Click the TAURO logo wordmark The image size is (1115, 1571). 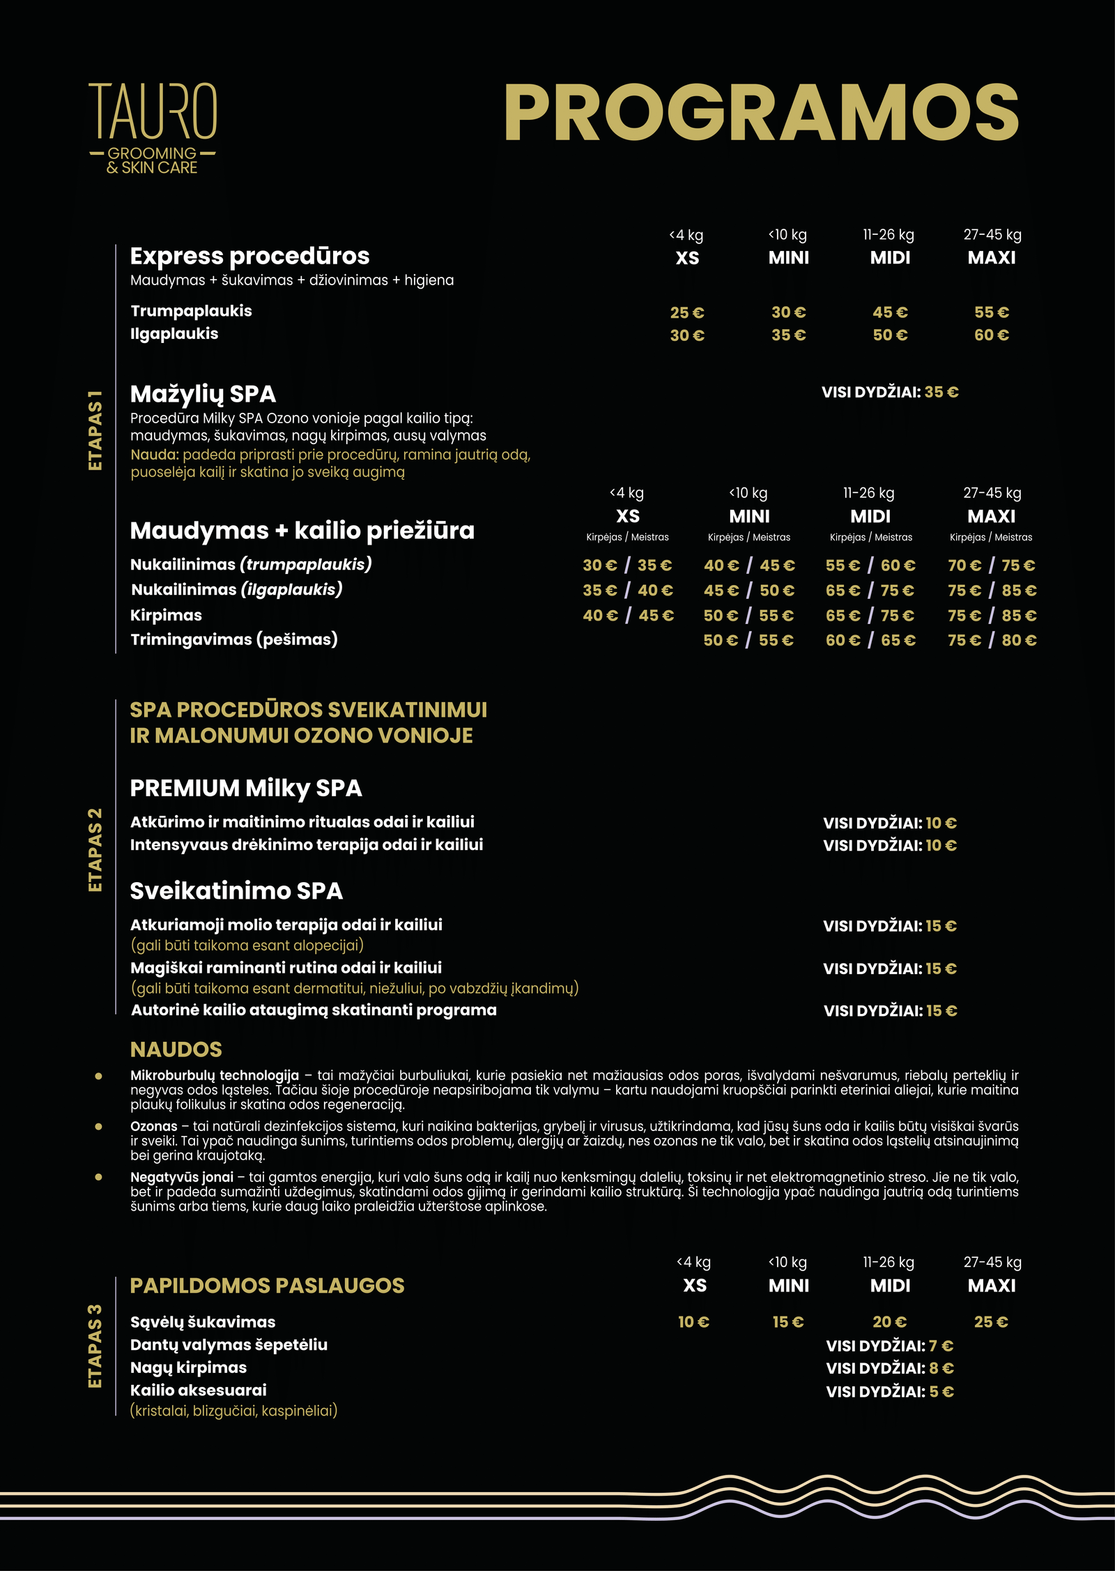click(x=153, y=112)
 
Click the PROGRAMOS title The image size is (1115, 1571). click(x=761, y=113)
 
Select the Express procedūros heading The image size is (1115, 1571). click(x=249, y=256)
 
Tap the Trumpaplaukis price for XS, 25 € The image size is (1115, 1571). click(x=687, y=312)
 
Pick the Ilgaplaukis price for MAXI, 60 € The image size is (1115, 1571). click(x=991, y=335)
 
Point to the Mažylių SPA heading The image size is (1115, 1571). click(x=203, y=394)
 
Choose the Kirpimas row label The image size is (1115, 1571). click(x=166, y=615)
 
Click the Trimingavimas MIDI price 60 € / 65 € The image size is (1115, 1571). click(x=870, y=640)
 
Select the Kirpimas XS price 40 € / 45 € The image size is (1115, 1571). click(x=628, y=616)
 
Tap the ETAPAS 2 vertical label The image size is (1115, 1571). click(x=95, y=849)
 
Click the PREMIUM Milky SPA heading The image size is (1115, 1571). click(x=246, y=788)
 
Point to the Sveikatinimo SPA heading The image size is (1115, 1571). click(x=236, y=890)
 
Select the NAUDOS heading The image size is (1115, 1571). click(x=176, y=1049)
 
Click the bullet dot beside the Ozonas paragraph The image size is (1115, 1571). click(x=98, y=1126)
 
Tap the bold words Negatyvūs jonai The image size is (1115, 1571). click(x=181, y=1177)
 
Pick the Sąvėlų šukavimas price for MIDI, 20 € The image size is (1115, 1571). click(x=890, y=1322)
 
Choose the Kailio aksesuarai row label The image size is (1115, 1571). click(x=199, y=1390)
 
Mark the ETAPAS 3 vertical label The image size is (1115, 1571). click(x=95, y=1346)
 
